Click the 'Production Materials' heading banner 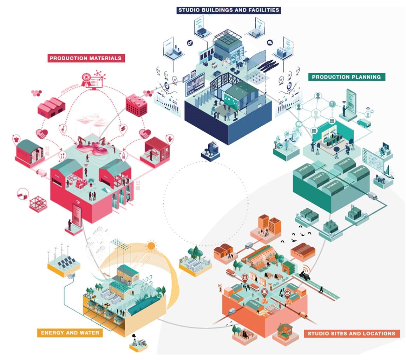(x=86, y=59)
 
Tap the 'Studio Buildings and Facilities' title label (x=229, y=10)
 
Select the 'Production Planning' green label (x=346, y=77)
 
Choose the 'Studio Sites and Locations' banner (x=352, y=333)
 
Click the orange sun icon (x=151, y=246)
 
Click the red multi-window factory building (x=136, y=104)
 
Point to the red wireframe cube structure (x=38, y=204)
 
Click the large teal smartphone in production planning (x=351, y=101)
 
